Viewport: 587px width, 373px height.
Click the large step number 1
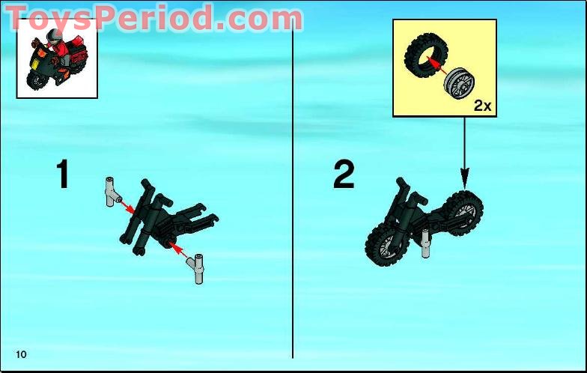point(63,174)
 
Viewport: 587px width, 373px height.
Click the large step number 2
point(344,174)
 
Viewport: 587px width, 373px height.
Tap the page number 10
point(21,354)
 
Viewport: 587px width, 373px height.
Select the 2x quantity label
point(482,106)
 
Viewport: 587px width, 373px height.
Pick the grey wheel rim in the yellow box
point(459,84)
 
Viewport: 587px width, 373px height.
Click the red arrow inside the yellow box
point(437,66)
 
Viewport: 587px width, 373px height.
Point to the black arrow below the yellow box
point(464,153)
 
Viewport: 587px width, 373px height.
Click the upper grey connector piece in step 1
point(112,192)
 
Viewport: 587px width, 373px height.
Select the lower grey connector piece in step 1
point(198,269)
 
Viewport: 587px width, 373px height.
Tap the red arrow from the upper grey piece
point(127,206)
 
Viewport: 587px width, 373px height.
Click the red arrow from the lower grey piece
point(178,249)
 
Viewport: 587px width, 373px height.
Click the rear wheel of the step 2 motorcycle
point(463,213)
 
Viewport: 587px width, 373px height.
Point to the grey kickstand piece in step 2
point(425,243)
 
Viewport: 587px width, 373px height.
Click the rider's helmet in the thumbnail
point(55,36)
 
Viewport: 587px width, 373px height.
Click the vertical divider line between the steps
point(292,187)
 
